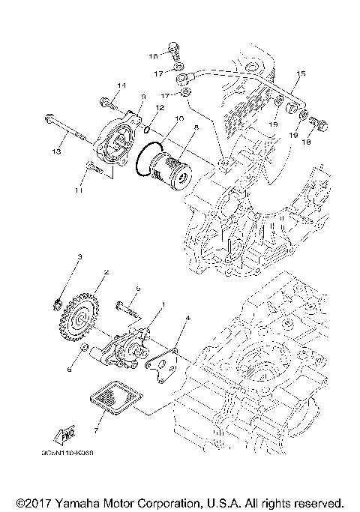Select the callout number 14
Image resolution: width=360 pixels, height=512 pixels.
[x=122, y=85]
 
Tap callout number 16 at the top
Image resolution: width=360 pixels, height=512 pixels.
[x=152, y=56]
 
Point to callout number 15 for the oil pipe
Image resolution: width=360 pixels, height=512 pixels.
[x=301, y=73]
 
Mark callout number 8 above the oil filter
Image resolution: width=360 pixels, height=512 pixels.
[x=196, y=129]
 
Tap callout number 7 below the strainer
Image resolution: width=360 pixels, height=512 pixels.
[x=95, y=430]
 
